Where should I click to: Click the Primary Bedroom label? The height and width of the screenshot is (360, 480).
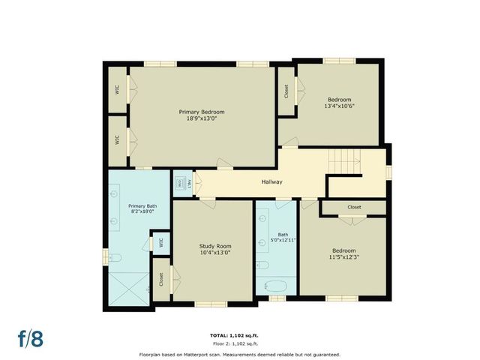coord(201,112)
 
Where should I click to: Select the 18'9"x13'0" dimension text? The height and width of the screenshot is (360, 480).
coord(201,118)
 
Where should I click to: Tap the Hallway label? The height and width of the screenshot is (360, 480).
coord(271,182)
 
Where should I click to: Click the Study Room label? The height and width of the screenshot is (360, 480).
coord(214,246)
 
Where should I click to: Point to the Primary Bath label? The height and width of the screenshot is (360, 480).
coord(142,205)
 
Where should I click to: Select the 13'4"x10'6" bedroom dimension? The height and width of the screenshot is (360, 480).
coord(339,106)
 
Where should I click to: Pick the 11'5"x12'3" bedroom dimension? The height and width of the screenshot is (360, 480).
coord(344,256)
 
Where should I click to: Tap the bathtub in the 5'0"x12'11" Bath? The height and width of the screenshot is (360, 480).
coord(275,286)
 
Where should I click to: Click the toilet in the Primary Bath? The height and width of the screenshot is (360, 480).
coord(115,258)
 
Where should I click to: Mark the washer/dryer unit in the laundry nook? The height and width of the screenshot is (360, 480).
coord(181,183)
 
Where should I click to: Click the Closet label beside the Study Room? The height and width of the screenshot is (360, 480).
coord(161,279)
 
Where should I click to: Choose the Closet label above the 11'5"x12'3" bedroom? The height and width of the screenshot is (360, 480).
coord(354,207)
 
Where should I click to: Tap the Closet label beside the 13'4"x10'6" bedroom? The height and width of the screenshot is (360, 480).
coord(286,91)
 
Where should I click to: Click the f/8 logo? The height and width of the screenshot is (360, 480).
coord(31,338)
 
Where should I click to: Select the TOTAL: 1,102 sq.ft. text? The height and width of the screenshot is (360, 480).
coord(239,334)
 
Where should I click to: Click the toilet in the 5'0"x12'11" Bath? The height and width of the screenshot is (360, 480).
coord(262,265)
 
